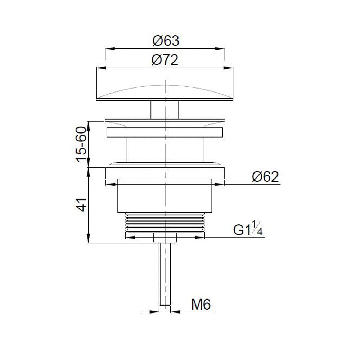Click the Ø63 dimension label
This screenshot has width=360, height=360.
[166, 41]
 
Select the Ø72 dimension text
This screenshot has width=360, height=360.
[165, 60]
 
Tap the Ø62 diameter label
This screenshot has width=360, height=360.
[265, 177]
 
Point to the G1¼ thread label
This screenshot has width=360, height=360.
[248, 229]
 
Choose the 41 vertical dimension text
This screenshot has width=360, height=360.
[82, 204]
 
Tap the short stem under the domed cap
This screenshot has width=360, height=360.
[165, 110]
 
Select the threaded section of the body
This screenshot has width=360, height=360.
[165, 222]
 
